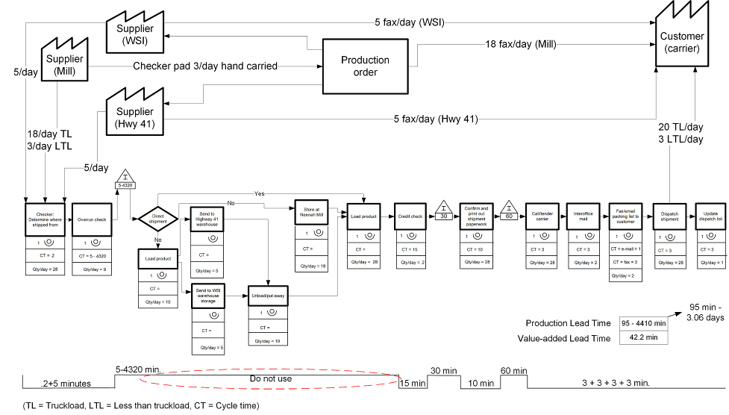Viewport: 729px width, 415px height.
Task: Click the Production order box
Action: (365, 66)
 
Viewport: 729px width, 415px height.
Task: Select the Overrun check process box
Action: (92, 219)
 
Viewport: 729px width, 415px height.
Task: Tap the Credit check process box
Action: (410, 216)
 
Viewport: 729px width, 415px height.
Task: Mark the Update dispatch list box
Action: (710, 216)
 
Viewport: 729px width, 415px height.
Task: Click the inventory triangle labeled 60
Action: (510, 209)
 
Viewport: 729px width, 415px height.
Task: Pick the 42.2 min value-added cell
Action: (643, 337)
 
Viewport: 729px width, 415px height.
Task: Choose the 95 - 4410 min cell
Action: (643, 322)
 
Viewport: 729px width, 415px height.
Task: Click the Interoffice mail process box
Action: (583, 216)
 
